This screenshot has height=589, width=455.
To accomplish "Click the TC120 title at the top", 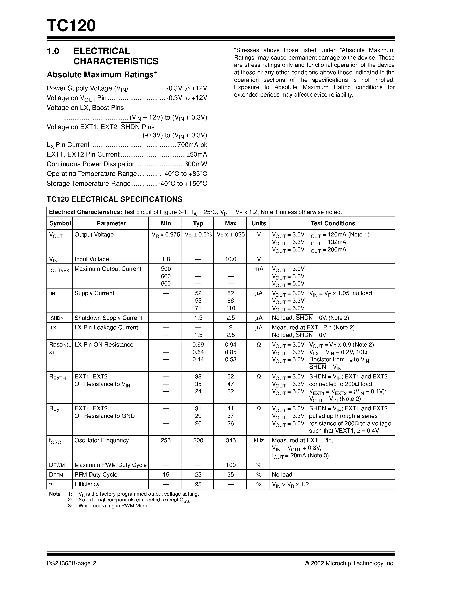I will [71, 26].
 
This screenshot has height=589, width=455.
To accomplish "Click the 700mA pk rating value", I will [192, 145].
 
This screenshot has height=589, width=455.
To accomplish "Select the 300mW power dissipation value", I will [195, 164].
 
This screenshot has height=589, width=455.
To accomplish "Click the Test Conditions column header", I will [333, 223].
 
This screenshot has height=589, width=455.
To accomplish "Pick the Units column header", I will [258, 223].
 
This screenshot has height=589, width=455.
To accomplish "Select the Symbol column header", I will [60, 223].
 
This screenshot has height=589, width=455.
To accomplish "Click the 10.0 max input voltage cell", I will [230, 259].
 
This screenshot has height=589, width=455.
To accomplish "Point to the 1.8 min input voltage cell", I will [166, 259].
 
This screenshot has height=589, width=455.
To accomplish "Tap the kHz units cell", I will [258, 440].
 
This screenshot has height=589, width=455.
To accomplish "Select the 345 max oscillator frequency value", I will [230, 440].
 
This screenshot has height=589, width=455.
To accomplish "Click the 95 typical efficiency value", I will [198, 484].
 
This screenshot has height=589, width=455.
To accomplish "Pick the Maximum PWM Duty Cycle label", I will [110, 465].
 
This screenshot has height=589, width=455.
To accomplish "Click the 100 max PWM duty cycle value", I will [230, 465].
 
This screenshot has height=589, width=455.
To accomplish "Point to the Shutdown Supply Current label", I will [108, 318].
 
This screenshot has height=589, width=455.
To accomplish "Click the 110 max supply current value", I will [230, 308].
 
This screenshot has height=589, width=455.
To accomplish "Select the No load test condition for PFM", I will [282, 475].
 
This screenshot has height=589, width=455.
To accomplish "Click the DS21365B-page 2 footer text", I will [72, 563].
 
